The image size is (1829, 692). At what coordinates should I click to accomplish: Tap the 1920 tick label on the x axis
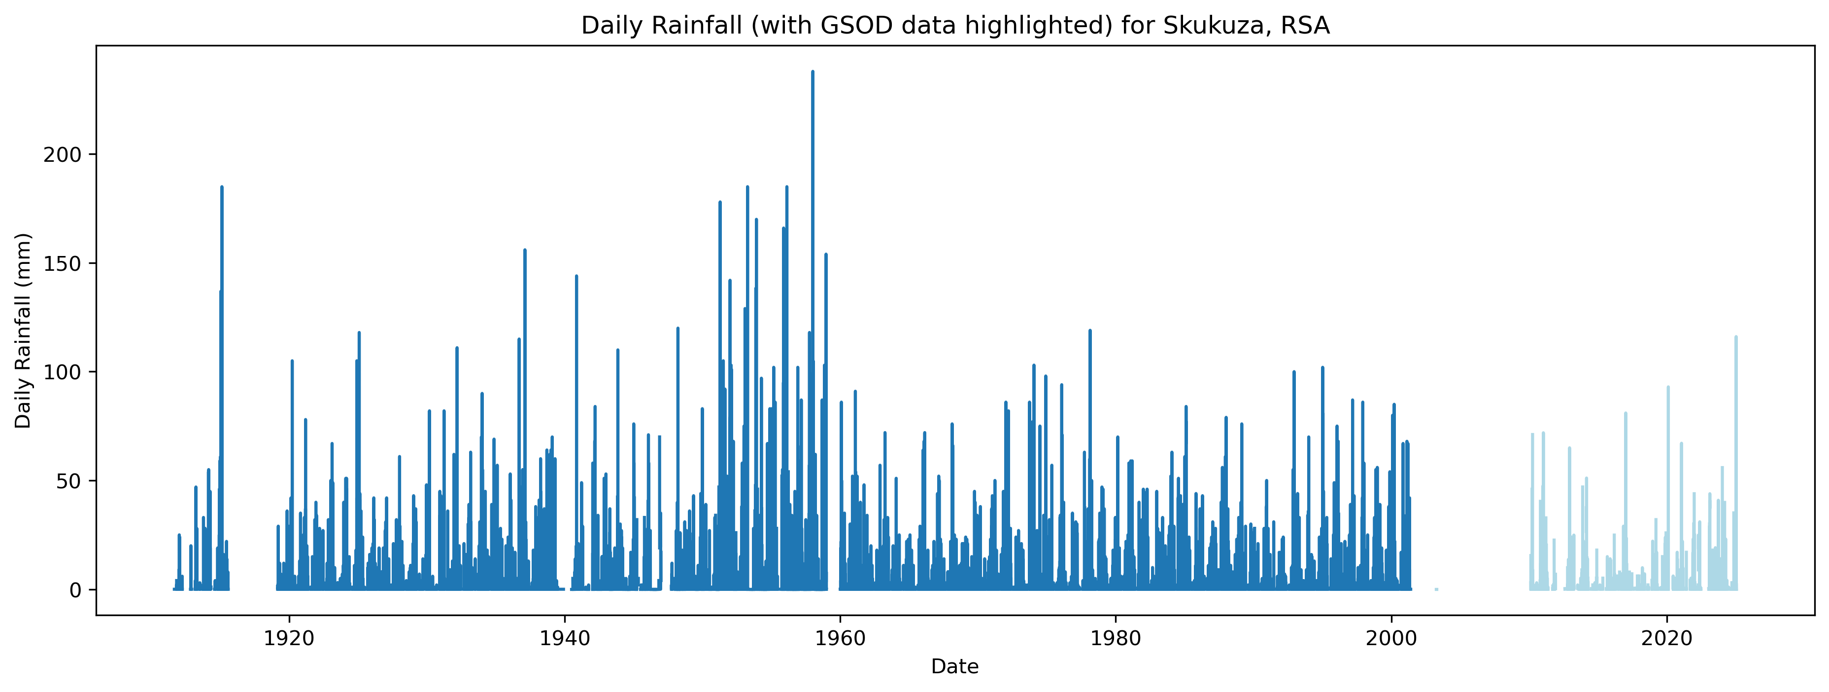[x=289, y=637]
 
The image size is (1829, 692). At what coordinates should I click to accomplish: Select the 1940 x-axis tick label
[x=565, y=637]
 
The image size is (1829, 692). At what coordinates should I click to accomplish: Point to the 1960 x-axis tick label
[x=840, y=637]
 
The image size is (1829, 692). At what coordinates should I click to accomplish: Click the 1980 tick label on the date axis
[x=1116, y=637]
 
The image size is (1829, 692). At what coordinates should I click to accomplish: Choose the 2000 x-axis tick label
[x=1391, y=637]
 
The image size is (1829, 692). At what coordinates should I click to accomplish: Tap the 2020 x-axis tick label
[x=1667, y=637]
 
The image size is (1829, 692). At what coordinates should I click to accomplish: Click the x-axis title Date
[x=954, y=666]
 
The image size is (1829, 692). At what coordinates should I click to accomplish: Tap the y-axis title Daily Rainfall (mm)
[x=24, y=330]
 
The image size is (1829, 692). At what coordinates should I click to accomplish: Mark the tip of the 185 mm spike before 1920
[x=222, y=187]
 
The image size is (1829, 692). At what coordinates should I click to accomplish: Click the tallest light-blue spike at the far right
[x=1736, y=337]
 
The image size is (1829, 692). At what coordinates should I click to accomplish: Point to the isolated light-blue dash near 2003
[x=1436, y=589]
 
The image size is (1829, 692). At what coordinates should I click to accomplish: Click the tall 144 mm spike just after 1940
[x=576, y=276]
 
